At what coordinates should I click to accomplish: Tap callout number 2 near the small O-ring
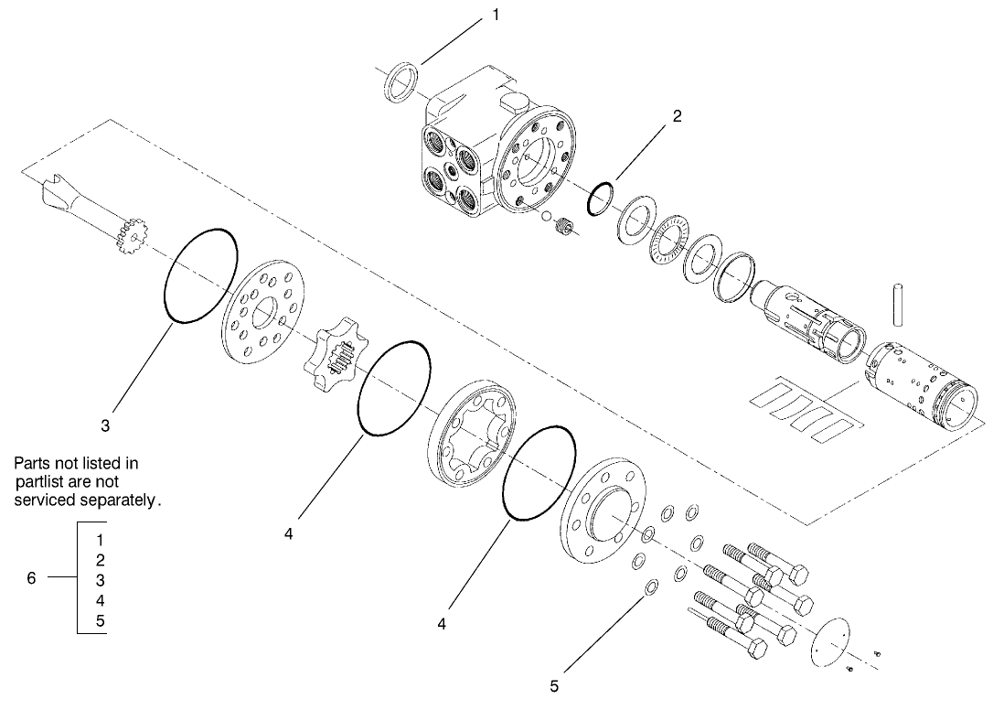(x=676, y=117)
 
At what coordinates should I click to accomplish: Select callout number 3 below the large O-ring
(x=106, y=425)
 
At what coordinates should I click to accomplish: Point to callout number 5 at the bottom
(x=554, y=684)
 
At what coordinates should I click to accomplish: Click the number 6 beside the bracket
(x=30, y=578)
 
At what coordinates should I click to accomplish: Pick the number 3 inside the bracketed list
(x=100, y=580)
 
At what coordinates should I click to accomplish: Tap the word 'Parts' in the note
(x=32, y=464)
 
